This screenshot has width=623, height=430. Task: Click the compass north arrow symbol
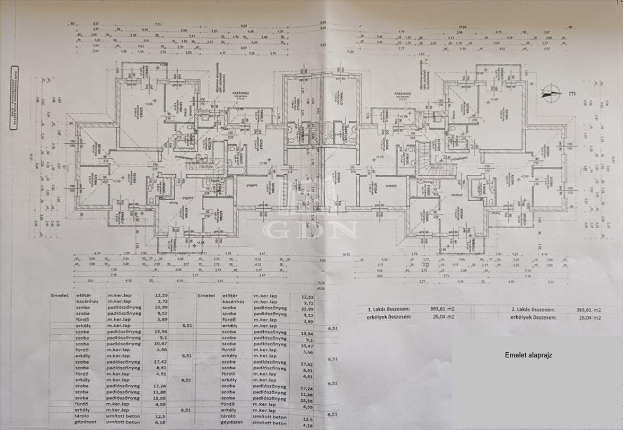pyautogui.click(x=551, y=93)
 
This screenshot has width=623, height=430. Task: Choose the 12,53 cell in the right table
pyautogui.click(x=308, y=296)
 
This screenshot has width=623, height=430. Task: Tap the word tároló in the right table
pyautogui.click(x=228, y=417)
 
